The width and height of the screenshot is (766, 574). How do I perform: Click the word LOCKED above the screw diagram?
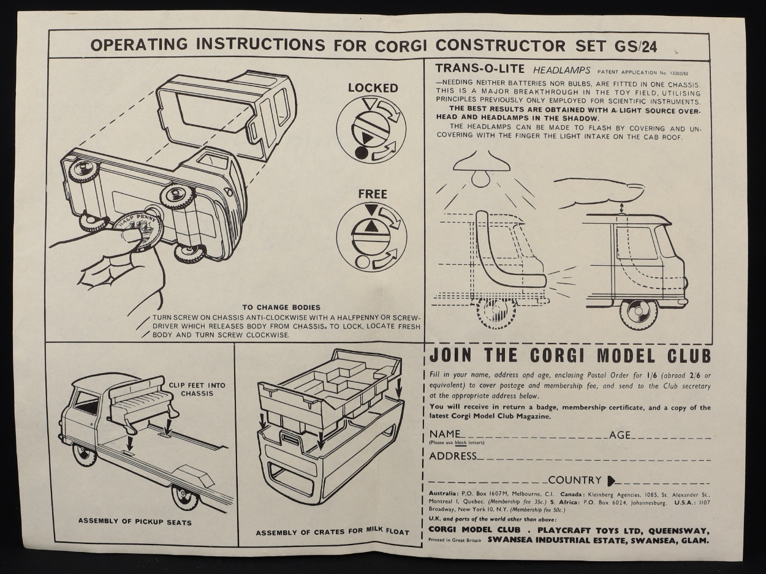click(373, 88)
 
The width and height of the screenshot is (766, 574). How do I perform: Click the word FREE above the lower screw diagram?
click(373, 194)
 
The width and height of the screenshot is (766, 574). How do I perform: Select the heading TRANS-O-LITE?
click(480, 69)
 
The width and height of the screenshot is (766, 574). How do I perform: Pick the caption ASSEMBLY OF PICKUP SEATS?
click(135, 522)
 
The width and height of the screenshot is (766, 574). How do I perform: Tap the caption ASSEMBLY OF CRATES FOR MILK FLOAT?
click(332, 532)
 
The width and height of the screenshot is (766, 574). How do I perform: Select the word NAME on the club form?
click(445, 434)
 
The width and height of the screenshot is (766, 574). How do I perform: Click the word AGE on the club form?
click(620, 435)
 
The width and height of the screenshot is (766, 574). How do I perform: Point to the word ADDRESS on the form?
click(453, 456)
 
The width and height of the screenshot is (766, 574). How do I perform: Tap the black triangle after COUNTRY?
click(612, 481)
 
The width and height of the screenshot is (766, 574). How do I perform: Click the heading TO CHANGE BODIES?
click(281, 308)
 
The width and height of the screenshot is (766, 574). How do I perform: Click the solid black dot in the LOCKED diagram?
click(360, 153)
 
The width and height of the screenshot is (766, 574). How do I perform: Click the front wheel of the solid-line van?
click(637, 314)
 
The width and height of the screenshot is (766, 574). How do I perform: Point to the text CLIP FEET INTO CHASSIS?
click(197, 389)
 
